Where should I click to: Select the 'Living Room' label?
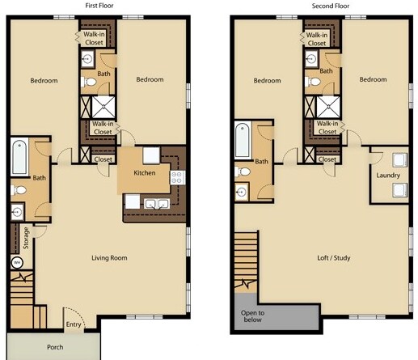click(108, 258)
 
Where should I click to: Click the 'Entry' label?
click(74, 325)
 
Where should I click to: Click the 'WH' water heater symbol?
click(16, 262)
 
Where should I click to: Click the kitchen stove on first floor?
click(177, 176)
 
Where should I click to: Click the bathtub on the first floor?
click(19, 156)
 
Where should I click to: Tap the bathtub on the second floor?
click(242, 141)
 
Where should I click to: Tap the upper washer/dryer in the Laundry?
click(397, 159)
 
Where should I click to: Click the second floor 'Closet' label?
click(327, 159)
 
